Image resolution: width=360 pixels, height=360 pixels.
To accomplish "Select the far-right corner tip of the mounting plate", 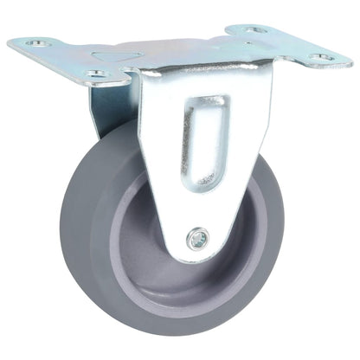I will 350,62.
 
